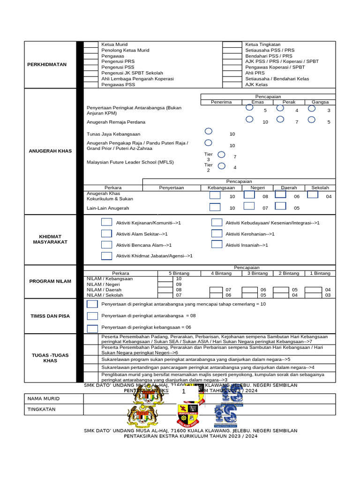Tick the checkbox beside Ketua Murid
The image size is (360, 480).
coord(90,45)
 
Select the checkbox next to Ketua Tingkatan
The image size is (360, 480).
coord(231,45)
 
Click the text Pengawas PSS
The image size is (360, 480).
coord(118,85)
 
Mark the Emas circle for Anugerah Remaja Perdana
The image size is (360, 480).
coord(250,120)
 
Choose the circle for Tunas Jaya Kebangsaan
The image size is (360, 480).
coord(209,132)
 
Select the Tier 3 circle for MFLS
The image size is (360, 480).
coord(222,155)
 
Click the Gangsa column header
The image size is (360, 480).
coord(320,102)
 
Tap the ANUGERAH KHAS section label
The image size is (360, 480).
coord(50,151)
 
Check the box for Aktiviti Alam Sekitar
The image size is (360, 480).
coord(107,233)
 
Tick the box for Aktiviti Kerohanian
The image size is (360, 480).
coord(217,233)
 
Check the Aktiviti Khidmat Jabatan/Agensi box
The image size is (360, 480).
coord(107,256)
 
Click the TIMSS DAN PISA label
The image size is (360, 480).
coord(50,316)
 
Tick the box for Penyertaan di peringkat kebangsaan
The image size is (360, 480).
coord(93,328)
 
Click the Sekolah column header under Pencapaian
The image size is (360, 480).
coord(320,187)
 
